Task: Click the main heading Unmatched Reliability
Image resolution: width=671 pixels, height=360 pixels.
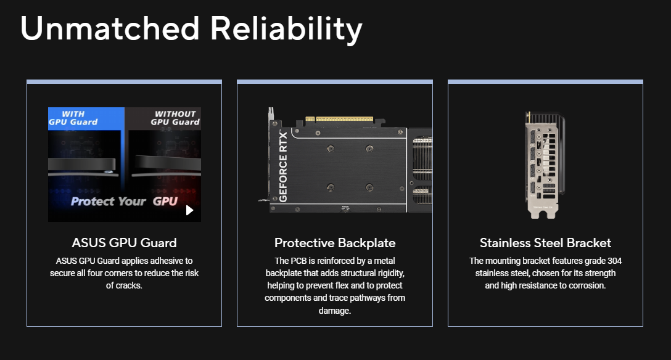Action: (191, 28)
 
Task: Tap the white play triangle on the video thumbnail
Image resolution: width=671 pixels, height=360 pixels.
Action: (189, 210)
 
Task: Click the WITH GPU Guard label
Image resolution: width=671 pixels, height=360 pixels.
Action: (73, 118)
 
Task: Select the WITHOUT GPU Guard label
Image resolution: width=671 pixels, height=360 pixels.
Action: (175, 118)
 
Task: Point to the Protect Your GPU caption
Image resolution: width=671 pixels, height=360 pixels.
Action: (124, 201)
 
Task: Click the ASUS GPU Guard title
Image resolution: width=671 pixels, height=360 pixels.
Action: (124, 243)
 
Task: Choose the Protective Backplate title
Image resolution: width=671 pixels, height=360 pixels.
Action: (335, 243)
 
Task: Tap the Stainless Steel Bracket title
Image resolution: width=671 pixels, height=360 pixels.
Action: (545, 243)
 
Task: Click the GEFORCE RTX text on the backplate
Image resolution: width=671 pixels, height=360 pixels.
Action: (283, 167)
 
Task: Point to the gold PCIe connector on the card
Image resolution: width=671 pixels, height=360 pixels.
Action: (339, 119)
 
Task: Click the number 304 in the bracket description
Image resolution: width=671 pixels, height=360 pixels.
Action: (614, 261)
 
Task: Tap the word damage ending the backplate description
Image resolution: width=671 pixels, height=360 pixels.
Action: (334, 311)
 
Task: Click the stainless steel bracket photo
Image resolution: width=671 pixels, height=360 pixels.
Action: (545, 165)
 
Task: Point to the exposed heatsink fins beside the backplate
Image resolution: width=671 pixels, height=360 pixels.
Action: (421, 170)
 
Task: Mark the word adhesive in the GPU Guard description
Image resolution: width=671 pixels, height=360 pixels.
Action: (166, 261)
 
